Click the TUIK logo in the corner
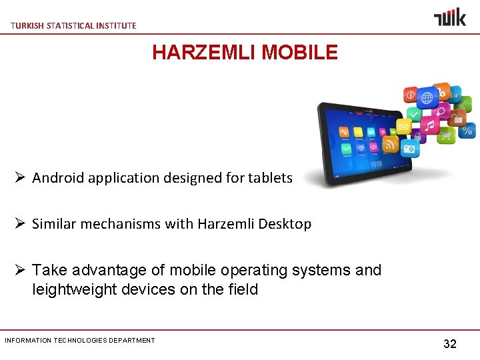(x=450, y=17)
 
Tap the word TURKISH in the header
(x=27, y=25)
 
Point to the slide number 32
(x=450, y=344)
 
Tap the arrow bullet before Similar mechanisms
(x=20, y=224)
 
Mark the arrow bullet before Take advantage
(x=20, y=270)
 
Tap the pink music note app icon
(x=430, y=125)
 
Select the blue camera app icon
(x=409, y=148)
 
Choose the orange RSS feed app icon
(x=391, y=143)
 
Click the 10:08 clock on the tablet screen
(x=377, y=163)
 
